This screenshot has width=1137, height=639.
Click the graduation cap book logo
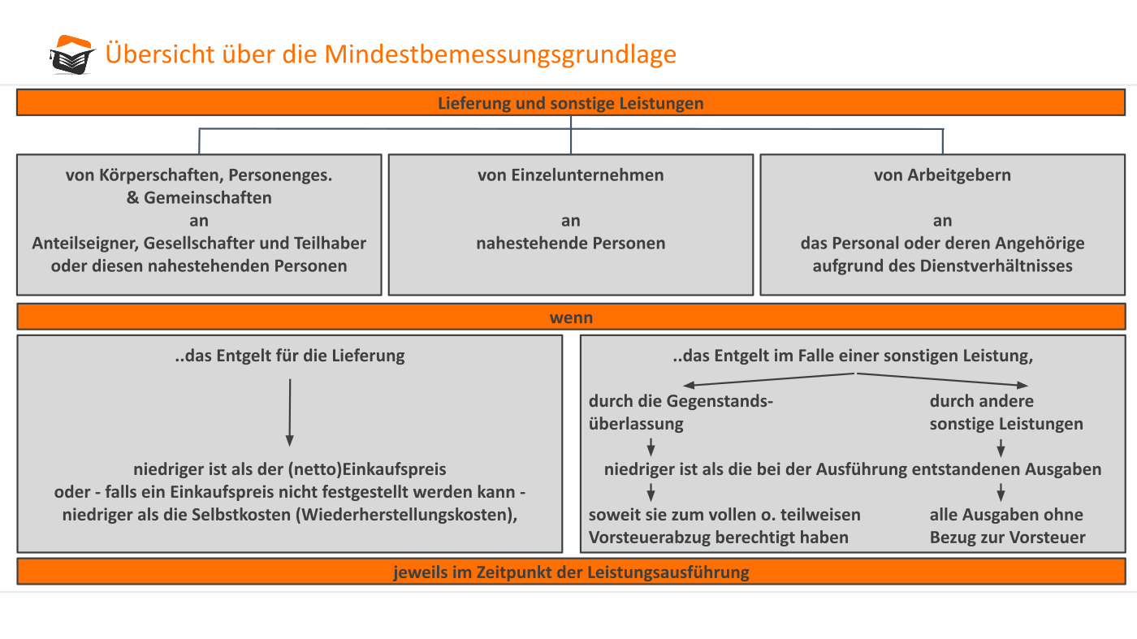tap(72, 55)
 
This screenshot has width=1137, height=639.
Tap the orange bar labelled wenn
tap(571, 317)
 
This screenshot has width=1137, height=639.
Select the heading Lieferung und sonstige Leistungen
tap(570, 103)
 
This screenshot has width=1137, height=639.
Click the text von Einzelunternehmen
tap(570, 175)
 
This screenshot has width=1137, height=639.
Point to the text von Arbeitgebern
tap(942, 175)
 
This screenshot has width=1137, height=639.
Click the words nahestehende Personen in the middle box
tap(570, 243)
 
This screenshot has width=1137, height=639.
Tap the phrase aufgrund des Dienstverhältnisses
tap(942, 266)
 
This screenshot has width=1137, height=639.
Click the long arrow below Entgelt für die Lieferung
tap(290, 412)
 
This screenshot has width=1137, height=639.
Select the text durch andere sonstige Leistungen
tap(1006, 412)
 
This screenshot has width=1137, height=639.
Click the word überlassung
tap(636, 424)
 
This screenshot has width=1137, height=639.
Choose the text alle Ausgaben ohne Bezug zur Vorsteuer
tap(1007, 526)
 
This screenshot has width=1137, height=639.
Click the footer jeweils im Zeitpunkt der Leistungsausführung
tap(571, 572)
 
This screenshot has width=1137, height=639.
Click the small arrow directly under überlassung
tap(651, 447)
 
